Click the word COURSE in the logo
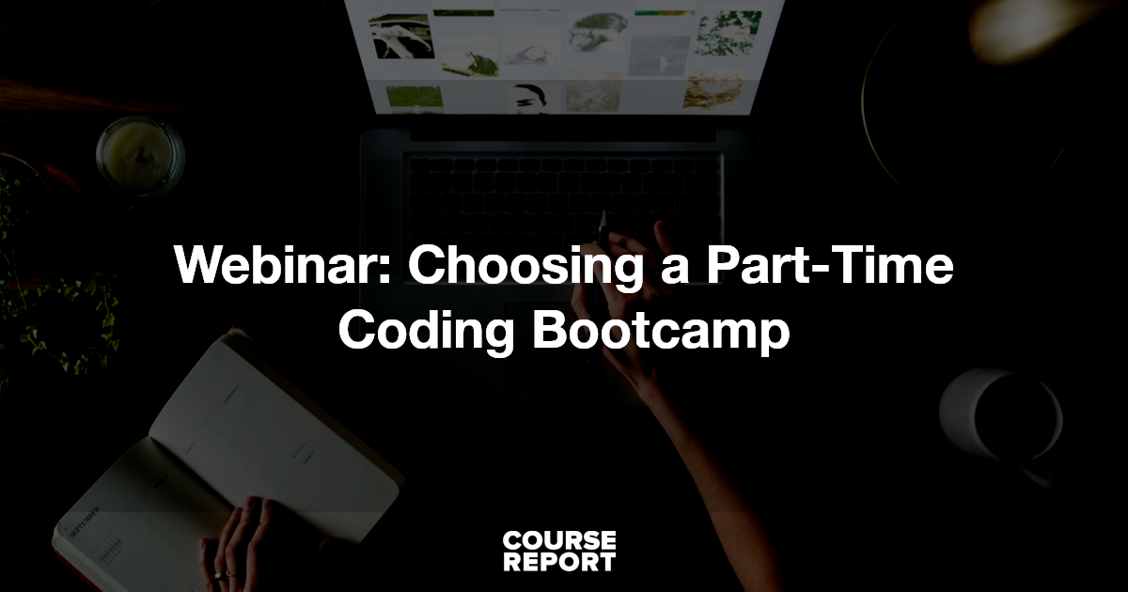(558, 541)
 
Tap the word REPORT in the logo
(558, 562)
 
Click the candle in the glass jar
(139, 155)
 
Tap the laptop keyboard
(564, 188)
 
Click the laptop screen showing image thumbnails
(564, 56)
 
